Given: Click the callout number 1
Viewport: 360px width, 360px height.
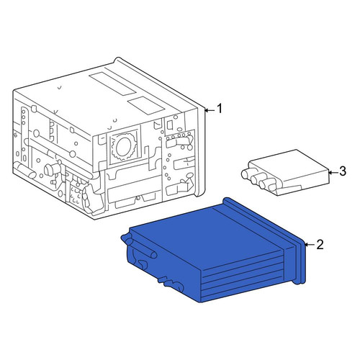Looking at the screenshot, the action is [220, 109].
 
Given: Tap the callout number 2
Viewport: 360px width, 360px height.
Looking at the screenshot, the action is [320, 245].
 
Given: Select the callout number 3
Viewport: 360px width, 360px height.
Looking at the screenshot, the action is [343, 171].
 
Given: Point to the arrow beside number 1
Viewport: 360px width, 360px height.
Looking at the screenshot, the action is [210, 110].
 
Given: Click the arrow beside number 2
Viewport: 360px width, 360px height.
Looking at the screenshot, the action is [310, 245].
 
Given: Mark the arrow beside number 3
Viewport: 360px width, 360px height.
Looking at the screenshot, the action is [333, 172].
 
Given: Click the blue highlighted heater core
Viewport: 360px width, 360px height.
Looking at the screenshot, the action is [214, 250].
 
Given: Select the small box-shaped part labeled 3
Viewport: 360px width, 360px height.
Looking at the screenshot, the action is [286, 173].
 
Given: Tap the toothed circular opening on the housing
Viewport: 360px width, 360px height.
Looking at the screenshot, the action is [124, 147].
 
